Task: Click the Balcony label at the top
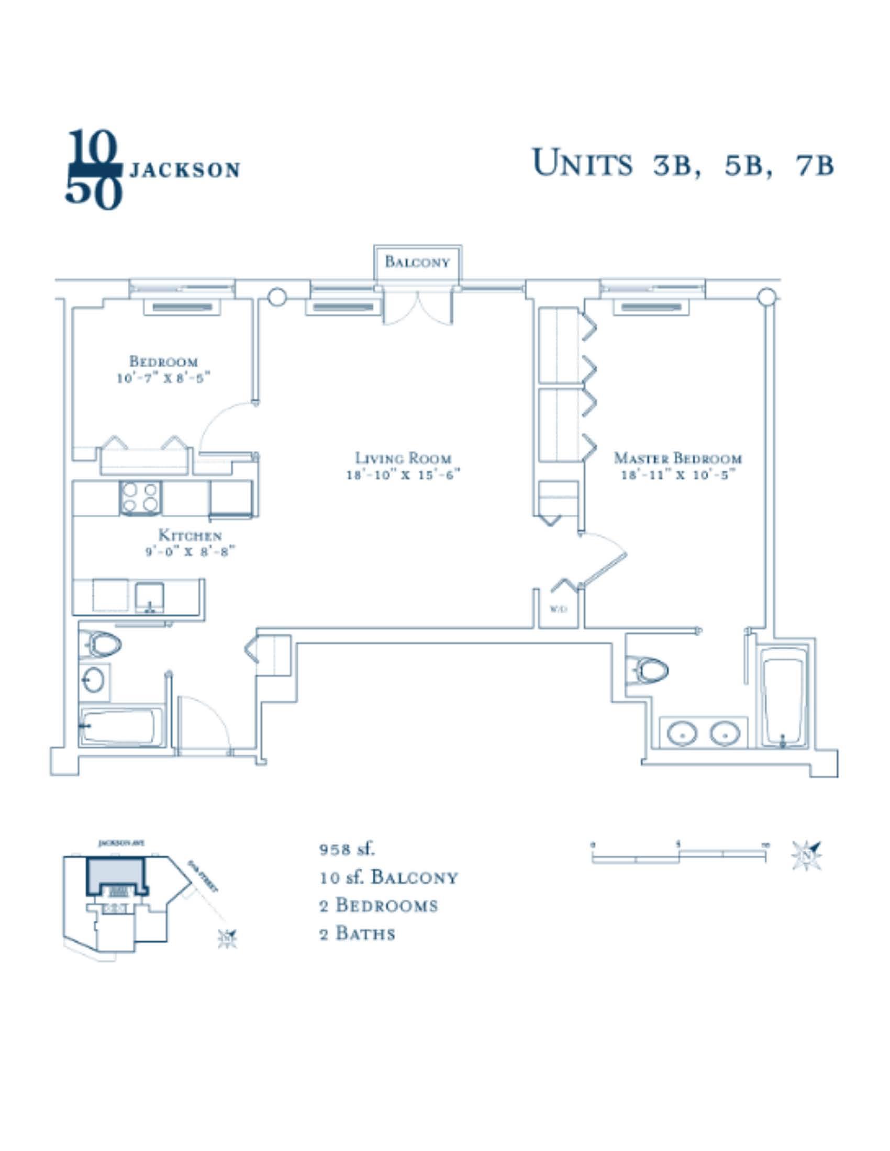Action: pos(417,262)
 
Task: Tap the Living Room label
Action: pos(403,458)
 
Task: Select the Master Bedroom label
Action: pos(677,458)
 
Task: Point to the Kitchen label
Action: pos(190,535)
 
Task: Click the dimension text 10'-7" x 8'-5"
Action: pos(163,378)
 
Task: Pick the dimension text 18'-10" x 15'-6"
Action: pos(403,475)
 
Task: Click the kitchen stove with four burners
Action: pos(140,498)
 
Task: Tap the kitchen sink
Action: pos(149,597)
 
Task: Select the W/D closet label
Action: pos(559,609)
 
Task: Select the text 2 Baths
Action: pos(357,934)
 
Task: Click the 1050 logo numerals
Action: pos(93,170)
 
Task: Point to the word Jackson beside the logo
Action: pos(184,170)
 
